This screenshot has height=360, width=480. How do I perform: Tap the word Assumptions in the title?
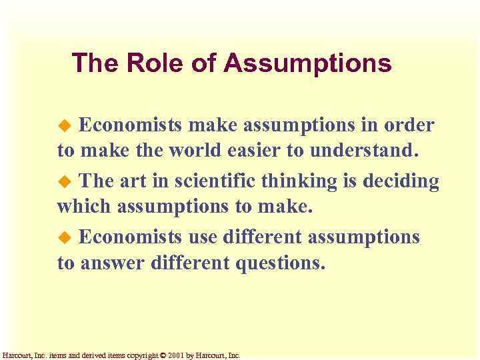coord(307,64)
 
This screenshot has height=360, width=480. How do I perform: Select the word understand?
coord(362,151)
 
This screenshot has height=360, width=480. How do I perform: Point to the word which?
coord(85,207)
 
